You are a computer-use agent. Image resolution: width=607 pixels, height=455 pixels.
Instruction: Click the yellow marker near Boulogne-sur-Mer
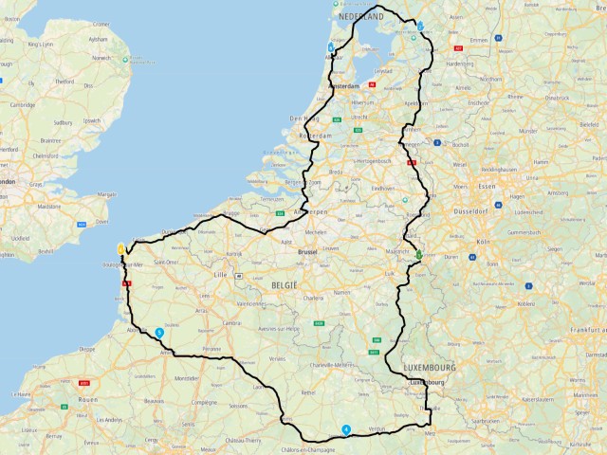click(121, 248)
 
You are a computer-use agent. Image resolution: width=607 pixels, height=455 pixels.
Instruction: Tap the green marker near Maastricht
click(418, 254)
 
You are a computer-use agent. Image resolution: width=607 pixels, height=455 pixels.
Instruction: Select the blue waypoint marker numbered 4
click(346, 428)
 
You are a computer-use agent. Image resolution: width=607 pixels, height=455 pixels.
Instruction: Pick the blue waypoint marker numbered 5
click(159, 333)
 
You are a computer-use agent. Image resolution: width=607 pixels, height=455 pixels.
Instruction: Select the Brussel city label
click(307, 252)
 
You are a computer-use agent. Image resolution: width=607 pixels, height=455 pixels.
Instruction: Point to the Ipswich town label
click(92, 120)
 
